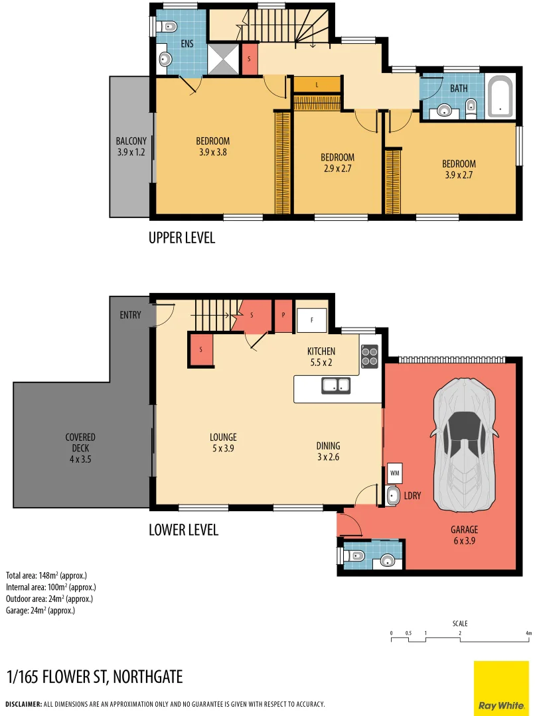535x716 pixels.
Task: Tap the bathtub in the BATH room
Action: pos(500,97)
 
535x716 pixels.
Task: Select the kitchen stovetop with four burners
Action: pos(370,356)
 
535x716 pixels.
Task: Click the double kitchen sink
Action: pos(337,385)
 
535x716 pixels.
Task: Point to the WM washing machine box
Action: pos(395,473)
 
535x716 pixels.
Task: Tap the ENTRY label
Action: pos(130,315)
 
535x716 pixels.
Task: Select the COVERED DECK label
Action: pos(80,443)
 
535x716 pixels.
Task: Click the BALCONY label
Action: pos(131,147)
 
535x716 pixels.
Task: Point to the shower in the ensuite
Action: pos(224,59)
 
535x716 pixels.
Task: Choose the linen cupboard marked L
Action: pos(317,85)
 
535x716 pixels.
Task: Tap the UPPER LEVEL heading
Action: pos(182,237)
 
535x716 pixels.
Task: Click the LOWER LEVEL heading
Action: pos(183,530)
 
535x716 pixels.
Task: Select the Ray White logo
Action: pos(502,688)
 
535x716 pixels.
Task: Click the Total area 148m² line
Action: pos(46,575)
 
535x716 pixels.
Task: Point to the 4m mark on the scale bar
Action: pos(528,634)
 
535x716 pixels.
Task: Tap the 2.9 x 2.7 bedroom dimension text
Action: pos(337,168)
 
